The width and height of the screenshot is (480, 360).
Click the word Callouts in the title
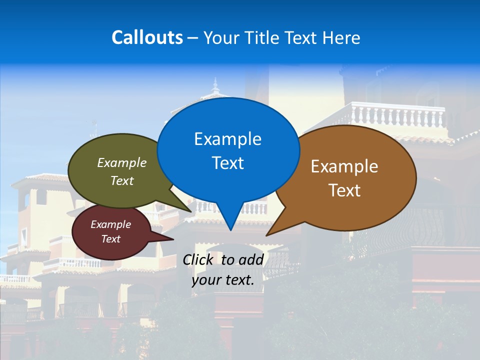point(147,37)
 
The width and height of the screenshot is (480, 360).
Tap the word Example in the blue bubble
point(227,139)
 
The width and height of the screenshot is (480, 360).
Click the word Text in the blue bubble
point(227,163)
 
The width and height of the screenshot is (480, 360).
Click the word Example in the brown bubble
point(344,166)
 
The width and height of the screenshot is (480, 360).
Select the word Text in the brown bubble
point(344,190)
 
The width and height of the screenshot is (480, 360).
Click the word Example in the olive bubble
point(122,162)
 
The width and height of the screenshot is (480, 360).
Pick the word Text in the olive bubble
point(122,180)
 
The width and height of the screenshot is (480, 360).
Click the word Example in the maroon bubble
point(110,224)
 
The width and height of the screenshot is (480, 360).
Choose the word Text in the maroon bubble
point(110,239)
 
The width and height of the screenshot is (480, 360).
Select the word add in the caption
point(251,259)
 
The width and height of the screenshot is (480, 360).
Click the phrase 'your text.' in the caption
point(223,280)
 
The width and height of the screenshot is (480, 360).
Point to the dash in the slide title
point(193,38)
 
